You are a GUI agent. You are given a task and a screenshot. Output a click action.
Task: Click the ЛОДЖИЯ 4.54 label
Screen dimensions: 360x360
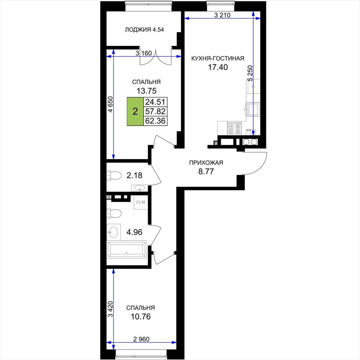[144, 30]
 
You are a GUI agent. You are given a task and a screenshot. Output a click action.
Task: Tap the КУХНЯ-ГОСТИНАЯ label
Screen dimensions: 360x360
[218, 58]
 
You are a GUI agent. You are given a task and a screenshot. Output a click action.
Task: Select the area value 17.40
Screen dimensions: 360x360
[218, 67]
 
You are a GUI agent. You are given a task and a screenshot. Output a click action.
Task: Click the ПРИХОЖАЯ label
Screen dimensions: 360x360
[206, 162]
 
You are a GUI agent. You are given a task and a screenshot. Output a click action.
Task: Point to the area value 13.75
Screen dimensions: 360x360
[147, 91]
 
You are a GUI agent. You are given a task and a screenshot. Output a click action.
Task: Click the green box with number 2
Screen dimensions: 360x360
[135, 111]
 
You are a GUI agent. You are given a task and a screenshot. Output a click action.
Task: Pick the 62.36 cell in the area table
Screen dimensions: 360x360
[155, 121]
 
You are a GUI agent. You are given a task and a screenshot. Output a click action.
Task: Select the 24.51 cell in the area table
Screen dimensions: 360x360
[155, 102]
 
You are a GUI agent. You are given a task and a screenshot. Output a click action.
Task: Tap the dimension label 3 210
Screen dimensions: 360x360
[222, 15]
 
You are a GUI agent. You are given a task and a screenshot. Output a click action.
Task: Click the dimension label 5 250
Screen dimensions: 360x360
[250, 73]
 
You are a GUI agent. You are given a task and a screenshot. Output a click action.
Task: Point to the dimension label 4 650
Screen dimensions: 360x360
[110, 104]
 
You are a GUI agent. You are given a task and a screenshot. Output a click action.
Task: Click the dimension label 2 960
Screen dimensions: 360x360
[141, 339]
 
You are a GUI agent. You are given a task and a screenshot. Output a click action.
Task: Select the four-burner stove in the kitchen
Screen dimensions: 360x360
[234, 128]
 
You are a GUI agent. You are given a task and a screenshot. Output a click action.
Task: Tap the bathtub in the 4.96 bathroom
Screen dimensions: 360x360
[127, 249]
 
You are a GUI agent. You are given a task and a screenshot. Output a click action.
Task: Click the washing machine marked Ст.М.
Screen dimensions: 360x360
[140, 202]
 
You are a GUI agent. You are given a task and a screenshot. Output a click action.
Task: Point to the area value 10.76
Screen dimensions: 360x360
[141, 317]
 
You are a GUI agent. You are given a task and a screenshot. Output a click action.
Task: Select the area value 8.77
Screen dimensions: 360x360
[206, 172]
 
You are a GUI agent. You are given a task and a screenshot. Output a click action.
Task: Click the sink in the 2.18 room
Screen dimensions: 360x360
[140, 188]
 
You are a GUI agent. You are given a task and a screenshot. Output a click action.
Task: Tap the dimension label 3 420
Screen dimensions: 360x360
[110, 309]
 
